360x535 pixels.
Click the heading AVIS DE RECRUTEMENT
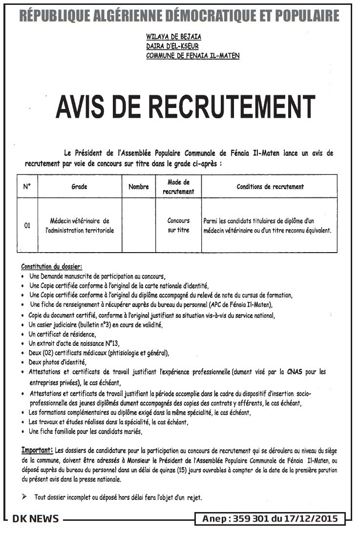point(185,107)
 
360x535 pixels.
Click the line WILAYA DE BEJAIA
point(173,37)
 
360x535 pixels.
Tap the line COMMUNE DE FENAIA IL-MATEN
point(193,56)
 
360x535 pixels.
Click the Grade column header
point(79,187)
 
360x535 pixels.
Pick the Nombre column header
point(139,187)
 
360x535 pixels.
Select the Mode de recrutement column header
point(178,187)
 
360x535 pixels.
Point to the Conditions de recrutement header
point(270,187)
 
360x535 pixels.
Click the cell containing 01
point(27,225)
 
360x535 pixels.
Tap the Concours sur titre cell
point(178,225)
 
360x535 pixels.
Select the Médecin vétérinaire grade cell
point(80,225)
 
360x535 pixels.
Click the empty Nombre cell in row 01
point(139,225)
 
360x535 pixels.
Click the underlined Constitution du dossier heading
point(51,267)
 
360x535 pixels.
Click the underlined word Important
point(37,449)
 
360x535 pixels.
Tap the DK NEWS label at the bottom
point(35,519)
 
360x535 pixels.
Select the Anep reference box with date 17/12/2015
point(270,519)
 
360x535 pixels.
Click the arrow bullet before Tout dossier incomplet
point(25,497)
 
